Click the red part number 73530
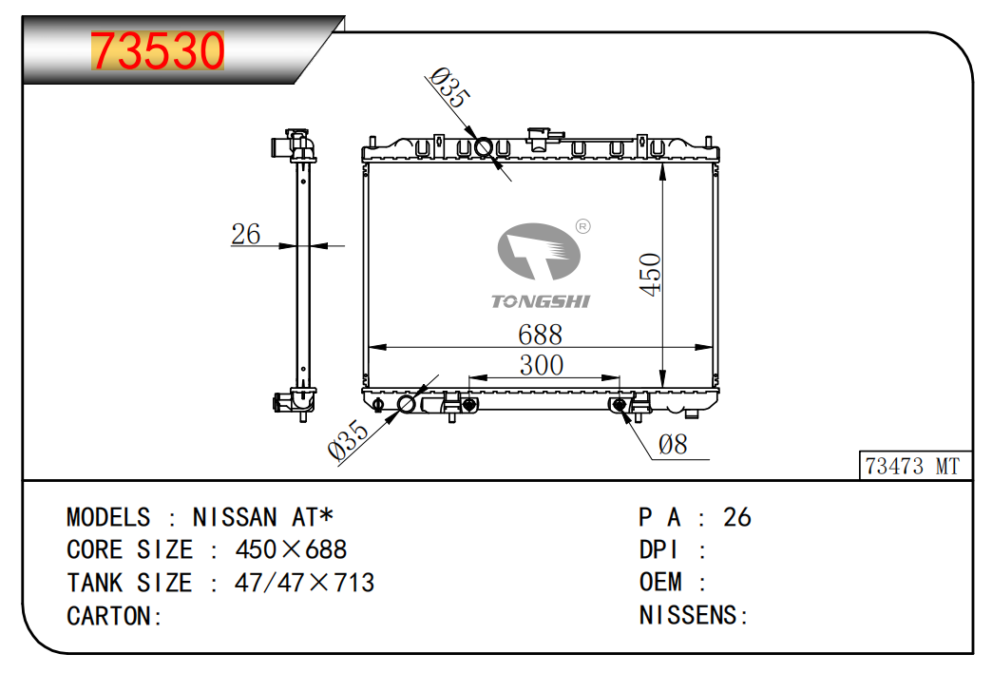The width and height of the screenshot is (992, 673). tap(158, 50)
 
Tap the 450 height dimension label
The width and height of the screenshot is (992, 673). tap(650, 274)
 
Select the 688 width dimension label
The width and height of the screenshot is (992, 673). tap(540, 335)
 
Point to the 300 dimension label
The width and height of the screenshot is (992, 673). tap(541, 365)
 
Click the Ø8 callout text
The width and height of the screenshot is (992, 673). tap(673, 445)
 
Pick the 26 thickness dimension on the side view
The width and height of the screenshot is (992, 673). tap(245, 234)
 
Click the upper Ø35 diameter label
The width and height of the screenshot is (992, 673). tap(449, 88)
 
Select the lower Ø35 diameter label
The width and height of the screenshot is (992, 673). tap(348, 439)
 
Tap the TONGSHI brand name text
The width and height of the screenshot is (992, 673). tap(541, 301)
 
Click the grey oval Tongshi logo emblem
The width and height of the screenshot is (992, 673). tap(539, 251)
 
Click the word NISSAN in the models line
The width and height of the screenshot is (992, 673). tap(235, 517)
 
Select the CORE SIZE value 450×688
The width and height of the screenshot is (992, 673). tap(291, 549)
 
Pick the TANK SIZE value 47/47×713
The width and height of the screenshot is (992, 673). tap(304, 583)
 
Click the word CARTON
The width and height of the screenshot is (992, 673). tap(109, 616)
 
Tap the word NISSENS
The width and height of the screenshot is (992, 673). tap(688, 615)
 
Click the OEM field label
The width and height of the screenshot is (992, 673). tap(660, 582)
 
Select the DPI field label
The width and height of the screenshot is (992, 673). tap(658, 549)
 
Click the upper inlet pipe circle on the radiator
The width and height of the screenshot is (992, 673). tap(484, 147)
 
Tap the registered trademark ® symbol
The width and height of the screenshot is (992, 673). tap(582, 226)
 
